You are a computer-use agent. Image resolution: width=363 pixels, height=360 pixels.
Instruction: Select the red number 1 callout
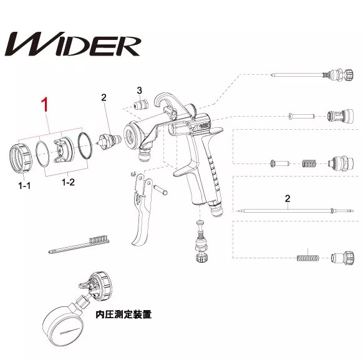(x=45, y=105)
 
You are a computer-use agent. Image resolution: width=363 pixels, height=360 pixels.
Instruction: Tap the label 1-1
(x=24, y=185)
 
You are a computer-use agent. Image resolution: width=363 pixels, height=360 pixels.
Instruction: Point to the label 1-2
(x=68, y=182)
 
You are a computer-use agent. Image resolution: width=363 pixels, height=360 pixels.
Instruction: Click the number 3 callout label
(x=139, y=90)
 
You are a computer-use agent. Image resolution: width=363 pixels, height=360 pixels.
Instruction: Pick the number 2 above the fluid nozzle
(x=104, y=97)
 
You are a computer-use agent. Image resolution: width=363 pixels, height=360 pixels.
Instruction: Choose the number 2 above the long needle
(x=288, y=198)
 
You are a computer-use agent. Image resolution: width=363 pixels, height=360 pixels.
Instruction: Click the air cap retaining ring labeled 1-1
(x=21, y=158)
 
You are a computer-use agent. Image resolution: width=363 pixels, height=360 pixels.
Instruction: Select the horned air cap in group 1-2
(x=64, y=149)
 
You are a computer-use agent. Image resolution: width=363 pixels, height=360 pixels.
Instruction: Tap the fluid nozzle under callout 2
(x=109, y=141)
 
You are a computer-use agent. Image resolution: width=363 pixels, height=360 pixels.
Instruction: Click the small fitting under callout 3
(x=140, y=105)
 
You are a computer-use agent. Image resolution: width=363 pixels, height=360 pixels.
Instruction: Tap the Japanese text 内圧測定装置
(x=123, y=314)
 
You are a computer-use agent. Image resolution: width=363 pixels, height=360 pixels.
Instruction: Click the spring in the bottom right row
(x=307, y=258)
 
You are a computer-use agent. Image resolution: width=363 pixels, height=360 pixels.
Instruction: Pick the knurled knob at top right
(x=349, y=74)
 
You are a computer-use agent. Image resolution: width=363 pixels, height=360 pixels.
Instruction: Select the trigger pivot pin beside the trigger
(x=160, y=190)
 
